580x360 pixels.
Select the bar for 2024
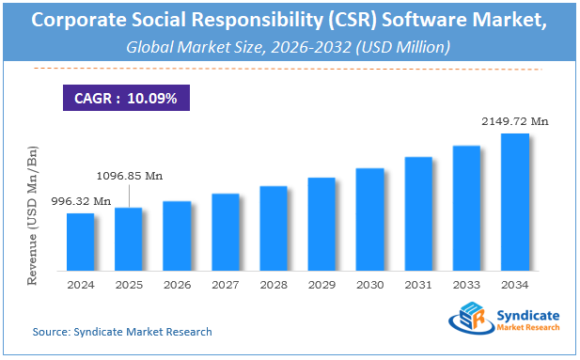[x=80, y=241]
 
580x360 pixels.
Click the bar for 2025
[x=128, y=238]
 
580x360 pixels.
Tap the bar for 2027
[x=225, y=230]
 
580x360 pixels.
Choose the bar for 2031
[x=418, y=212]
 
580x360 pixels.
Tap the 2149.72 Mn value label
[x=514, y=121]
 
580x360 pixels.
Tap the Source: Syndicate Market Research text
[x=122, y=332]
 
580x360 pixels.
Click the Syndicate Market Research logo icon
[x=470, y=321]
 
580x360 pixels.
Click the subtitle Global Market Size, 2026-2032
[x=290, y=46]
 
